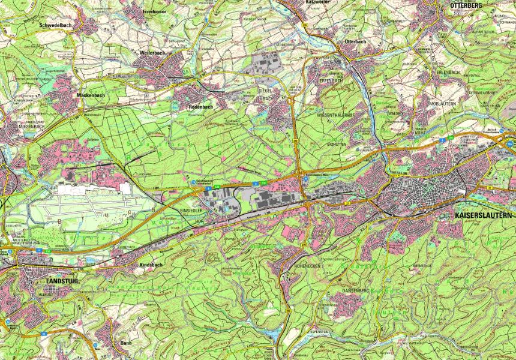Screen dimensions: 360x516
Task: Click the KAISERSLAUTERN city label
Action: click(x=484, y=215)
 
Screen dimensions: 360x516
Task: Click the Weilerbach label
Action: click(x=152, y=53)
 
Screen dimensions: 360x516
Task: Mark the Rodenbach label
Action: click(x=200, y=107)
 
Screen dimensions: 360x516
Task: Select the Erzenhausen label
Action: click(x=146, y=11)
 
